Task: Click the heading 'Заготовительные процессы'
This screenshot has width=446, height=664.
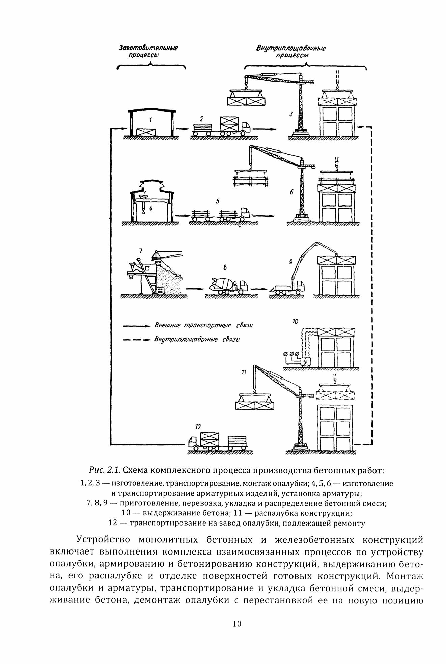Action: click(148, 51)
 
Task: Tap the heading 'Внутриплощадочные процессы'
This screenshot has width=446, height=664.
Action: click(291, 52)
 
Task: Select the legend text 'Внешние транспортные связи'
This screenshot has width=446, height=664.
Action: click(203, 325)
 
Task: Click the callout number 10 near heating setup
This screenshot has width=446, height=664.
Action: click(295, 322)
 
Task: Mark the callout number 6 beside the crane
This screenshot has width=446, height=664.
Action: click(291, 192)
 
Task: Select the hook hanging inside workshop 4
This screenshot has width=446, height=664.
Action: click(143, 211)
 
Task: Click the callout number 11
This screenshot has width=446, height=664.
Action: click(244, 372)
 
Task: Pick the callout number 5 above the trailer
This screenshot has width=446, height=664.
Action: click(218, 201)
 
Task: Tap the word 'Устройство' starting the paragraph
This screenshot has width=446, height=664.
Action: click(103, 540)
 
